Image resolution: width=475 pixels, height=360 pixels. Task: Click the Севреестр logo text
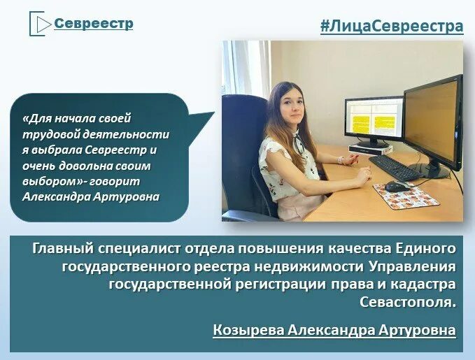tap(94, 24)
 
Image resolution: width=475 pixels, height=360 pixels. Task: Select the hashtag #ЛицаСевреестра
tap(392, 27)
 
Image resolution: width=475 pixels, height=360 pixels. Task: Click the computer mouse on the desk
tap(396, 186)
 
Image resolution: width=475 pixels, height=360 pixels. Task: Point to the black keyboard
tap(395, 167)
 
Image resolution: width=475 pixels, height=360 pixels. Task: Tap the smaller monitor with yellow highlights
tap(374, 120)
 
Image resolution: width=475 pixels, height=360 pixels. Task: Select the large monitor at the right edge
tap(434, 123)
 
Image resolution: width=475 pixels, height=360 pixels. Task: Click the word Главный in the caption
tap(64, 248)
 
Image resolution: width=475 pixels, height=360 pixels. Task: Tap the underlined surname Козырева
tap(246, 329)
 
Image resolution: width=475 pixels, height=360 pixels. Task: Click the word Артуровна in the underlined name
tap(414, 329)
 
